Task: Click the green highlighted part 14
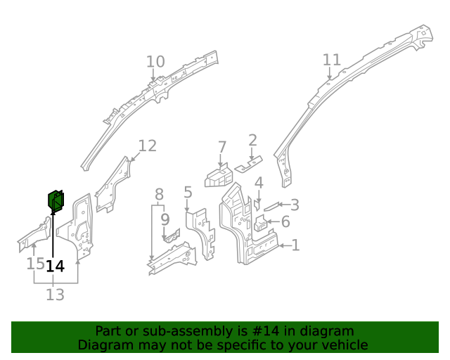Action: pyautogui.click(x=56, y=202)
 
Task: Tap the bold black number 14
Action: pyautogui.click(x=55, y=266)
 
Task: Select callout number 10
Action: pyautogui.click(x=155, y=62)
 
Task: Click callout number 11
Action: pyautogui.click(x=331, y=60)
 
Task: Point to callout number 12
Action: pyautogui.click(x=147, y=146)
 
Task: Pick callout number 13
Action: pyautogui.click(x=55, y=295)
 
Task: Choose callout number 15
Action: pyautogui.click(x=35, y=264)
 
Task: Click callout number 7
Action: pyautogui.click(x=222, y=148)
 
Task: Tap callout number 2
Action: pyautogui.click(x=252, y=140)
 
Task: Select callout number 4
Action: pyautogui.click(x=259, y=183)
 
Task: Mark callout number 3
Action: pyautogui.click(x=295, y=205)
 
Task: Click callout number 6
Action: pyautogui.click(x=285, y=222)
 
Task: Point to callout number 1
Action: pyautogui.click(x=295, y=245)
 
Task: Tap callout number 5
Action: pyautogui.click(x=188, y=192)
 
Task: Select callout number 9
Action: pyautogui.click(x=165, y=219)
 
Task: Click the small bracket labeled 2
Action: pyautogui.click(x=247, y=167)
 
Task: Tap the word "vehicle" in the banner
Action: pyautogui.click(x=343, y=345)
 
